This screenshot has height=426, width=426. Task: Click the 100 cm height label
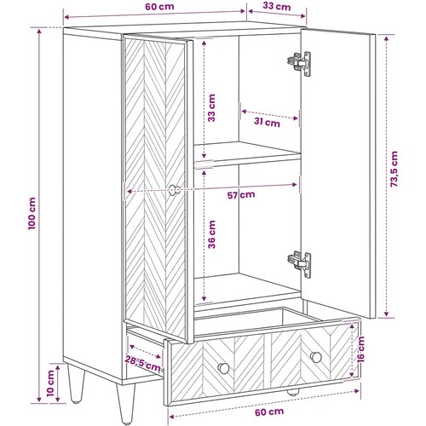pyautogui.click(x=32, y=213)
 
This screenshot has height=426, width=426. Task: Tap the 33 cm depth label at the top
pyautogui.click(x=277, y=6)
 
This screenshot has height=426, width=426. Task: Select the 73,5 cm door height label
pyautogui.click(x=394, y=169)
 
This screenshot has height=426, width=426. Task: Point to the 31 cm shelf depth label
pyautogui.click(x=267, y=123)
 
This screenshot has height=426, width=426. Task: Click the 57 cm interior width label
pyautogui.click(x=241, y=195)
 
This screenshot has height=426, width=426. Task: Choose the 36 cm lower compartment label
pyautogui.click(x=211, y=234)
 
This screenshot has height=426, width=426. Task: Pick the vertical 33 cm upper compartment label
pyautogui.click(x=211, y=108)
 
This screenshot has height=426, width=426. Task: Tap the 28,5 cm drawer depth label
pyautogui.click(x=142, y=364)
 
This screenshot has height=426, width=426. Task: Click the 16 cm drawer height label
pyautogui.click(x=360, y=349)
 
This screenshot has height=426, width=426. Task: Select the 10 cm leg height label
pyautogui.click(x=50, y=383)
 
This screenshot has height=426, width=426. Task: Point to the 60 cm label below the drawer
pyautogui.click(x=269, y=412)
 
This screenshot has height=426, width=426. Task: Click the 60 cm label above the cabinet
pyautogui.click(x=159, y=7)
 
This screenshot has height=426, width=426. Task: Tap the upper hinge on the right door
pyautogui.click(x=299, y=63)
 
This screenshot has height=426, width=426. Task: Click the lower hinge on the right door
pyautogui.click(x=299, y=264)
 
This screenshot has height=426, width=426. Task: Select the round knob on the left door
pyautogui.click(x=175, y=190)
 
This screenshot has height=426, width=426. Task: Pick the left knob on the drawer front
pyautogui.click(x=223, y=368)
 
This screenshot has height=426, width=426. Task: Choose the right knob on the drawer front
pyautogui.click(x=316, y=357)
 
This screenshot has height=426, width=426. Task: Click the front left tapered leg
pyautogui.click(x=125, y=403)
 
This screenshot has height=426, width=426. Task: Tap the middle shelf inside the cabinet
pyautogui.click(x=247, y=153)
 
